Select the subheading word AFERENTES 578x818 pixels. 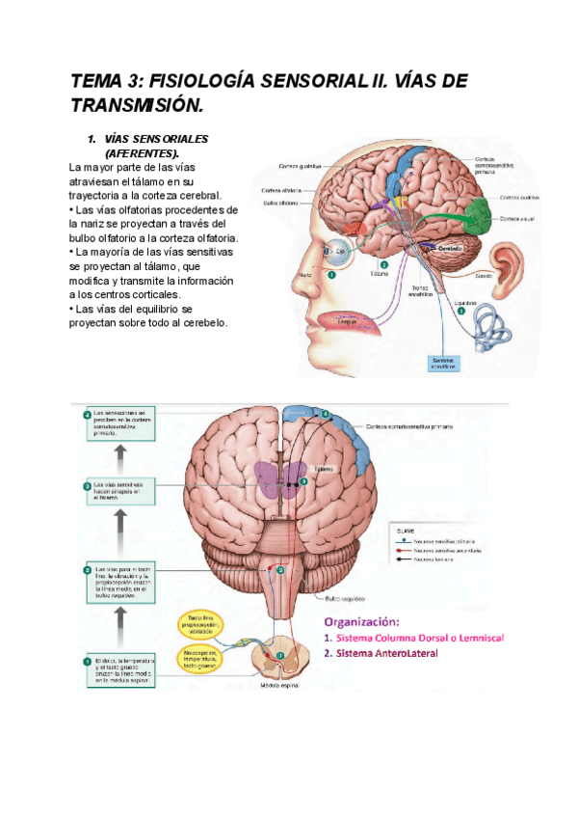click(141, 152)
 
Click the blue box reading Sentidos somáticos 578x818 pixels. click(441, 362)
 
